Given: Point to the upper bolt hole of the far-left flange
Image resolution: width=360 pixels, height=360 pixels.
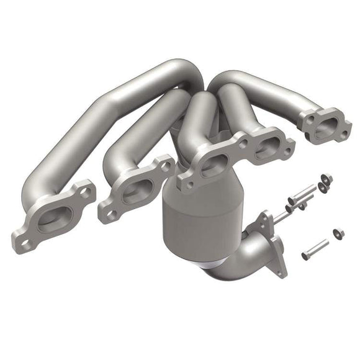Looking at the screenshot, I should click(x=84, y=189).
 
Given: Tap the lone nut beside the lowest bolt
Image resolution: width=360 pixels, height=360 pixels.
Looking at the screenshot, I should click(x=338, y=233).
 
